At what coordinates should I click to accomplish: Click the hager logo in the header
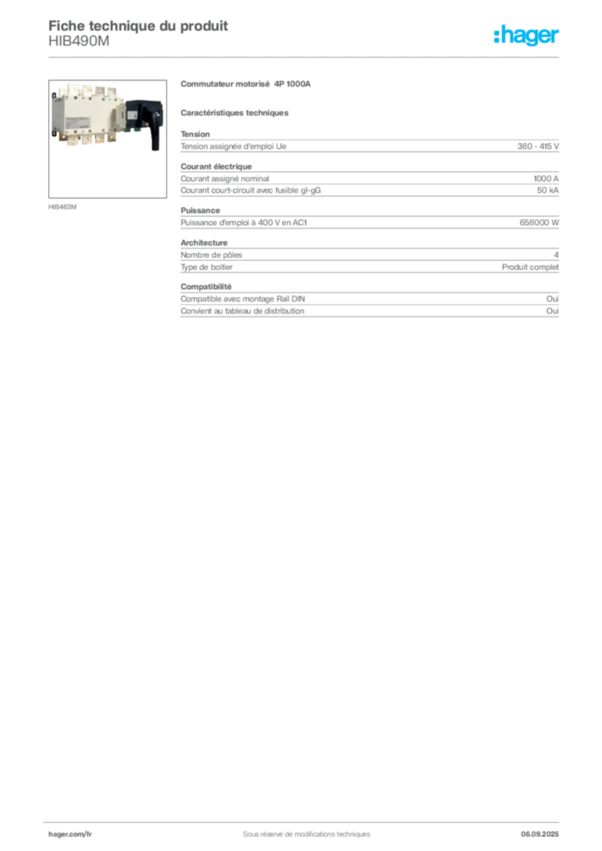pyautogui.click(x=526, y=35)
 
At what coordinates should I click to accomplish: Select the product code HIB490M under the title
pyautogui.click(x=79, y=42)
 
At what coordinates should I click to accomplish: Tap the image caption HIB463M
pyautogui.click(x=62, y=207)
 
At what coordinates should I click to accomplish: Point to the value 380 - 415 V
pyautogui.click(x=538, y=146)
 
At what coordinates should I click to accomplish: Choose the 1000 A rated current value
pyautogui.click(x=546, y=179)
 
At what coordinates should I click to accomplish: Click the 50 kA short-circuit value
pyautogui.click(x=548, y=190)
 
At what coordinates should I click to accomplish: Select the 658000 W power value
pyautogui.click(x=539, y=223)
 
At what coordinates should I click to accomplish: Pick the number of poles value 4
pyautogui.click(x=556, y=255)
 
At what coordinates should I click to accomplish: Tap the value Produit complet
pyautogui.click(x=530, y=267)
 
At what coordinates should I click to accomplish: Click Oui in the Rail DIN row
pyautogui.click(x=553, y=299)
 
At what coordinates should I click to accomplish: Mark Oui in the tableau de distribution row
pyautogui.click(x=553, y=311)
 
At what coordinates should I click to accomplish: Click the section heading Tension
pyautogui.click(x=195, y=134)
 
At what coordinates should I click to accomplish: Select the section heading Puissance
pyautogui.click(x=200, y=210)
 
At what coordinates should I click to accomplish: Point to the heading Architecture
pyautogui.click(x=204, y=243)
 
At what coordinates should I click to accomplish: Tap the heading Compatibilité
pyautogui.click(x=206, y=287)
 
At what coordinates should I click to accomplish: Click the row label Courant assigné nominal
pyautogui.click(x=225, y=179)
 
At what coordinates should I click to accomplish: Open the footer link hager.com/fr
pyautogui.click(x=70, y=834)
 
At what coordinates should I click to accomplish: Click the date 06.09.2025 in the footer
pyautogui.click(x=540, y=834)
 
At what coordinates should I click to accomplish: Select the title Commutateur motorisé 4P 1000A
pyautogui.click(x=245, y=84)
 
